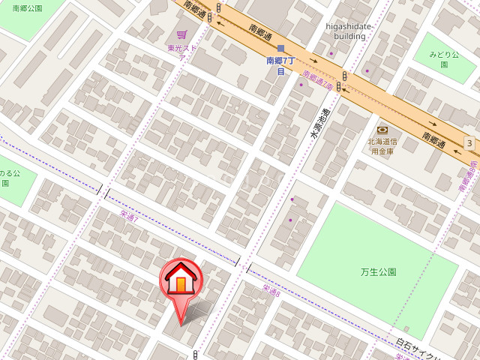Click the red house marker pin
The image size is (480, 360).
181,281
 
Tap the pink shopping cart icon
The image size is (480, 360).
181,34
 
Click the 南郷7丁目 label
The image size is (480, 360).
280,66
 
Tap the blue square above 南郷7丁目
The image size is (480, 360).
280,48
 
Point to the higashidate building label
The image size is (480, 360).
349,31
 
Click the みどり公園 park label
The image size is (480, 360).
443,59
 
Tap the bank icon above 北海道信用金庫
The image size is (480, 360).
382,130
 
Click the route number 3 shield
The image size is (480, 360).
469,143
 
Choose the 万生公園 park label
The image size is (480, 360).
378,271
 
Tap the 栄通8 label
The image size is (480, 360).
271,289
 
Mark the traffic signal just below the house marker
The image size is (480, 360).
195,354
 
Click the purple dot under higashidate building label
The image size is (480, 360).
331,53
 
